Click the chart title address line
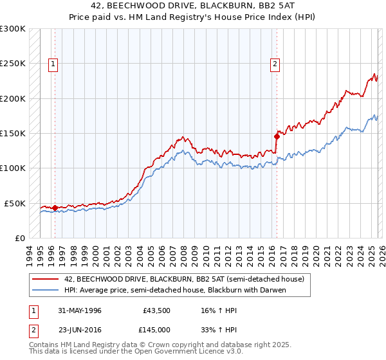click(x=192, y=6)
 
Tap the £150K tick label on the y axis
click(x=13, y=134)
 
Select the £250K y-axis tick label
click(x=13, y=64)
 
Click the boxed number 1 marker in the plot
click(x=52, y=64)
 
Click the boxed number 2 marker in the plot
click(x=275, y=64)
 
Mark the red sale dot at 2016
click(x=277, y=136)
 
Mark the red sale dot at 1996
click(x=55, y=208)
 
